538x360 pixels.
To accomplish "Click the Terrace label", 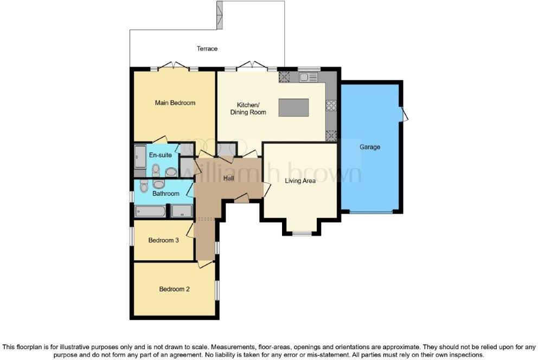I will tap(207, 49).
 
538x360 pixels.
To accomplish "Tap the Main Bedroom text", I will tap(175, 103).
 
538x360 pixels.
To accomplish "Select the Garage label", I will tap(370, 147).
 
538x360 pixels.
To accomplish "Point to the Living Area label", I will tap(300, 181).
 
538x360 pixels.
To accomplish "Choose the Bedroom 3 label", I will tap(163, 241).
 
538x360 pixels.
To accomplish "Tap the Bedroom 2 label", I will tap(174, 290).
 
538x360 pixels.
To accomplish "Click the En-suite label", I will tap(161, 156).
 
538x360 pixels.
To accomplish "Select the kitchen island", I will tap(293, 107).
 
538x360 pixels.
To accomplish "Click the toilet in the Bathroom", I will tap(144, 186).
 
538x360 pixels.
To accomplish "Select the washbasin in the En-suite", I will tap(170, 172).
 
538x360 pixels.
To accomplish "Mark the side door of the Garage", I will tap(404, 114).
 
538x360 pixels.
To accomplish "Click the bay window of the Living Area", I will tap(302, 234).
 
